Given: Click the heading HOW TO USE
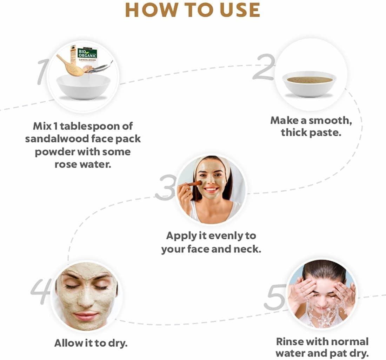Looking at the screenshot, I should tap(193, 11).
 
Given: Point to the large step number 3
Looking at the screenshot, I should tap(165, 188).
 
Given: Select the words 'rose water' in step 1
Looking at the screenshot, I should tap(83, 164).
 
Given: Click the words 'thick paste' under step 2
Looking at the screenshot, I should tap(311, 133).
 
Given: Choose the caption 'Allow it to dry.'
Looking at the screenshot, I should tap(91, 342).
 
